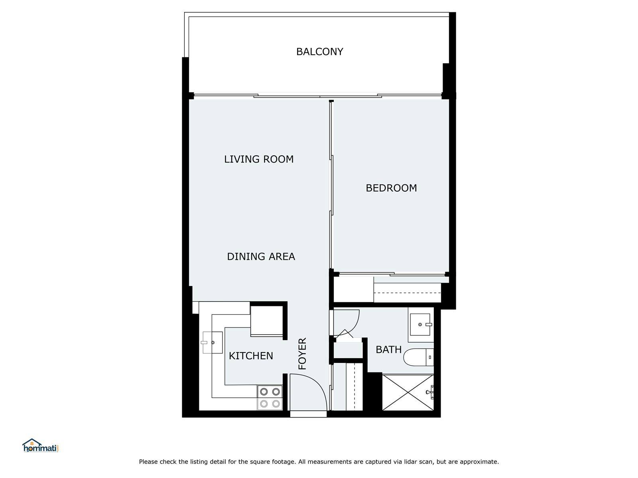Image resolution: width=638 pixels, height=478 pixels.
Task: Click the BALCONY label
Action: [319, 52]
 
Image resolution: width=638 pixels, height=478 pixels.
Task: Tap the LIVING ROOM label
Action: [259, 159]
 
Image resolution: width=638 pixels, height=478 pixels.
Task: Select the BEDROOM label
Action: [391, 188]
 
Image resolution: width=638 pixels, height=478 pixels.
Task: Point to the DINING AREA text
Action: [261, 257]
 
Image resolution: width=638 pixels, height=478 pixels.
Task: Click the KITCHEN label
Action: [251, 356]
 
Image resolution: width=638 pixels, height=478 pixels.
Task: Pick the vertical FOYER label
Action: [302, 353]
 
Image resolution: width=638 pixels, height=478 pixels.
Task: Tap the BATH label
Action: [389, 349]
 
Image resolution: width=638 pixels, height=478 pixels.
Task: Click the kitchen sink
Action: [212, 343]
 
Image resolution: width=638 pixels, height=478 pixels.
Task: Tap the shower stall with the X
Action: [408, 392]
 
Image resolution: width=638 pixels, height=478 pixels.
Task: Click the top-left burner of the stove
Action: [264, 392]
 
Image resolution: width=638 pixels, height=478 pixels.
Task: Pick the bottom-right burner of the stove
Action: [276, 404]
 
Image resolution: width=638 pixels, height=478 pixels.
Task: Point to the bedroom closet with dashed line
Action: [407, 292]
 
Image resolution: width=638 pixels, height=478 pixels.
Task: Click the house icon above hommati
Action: [32, 442]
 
